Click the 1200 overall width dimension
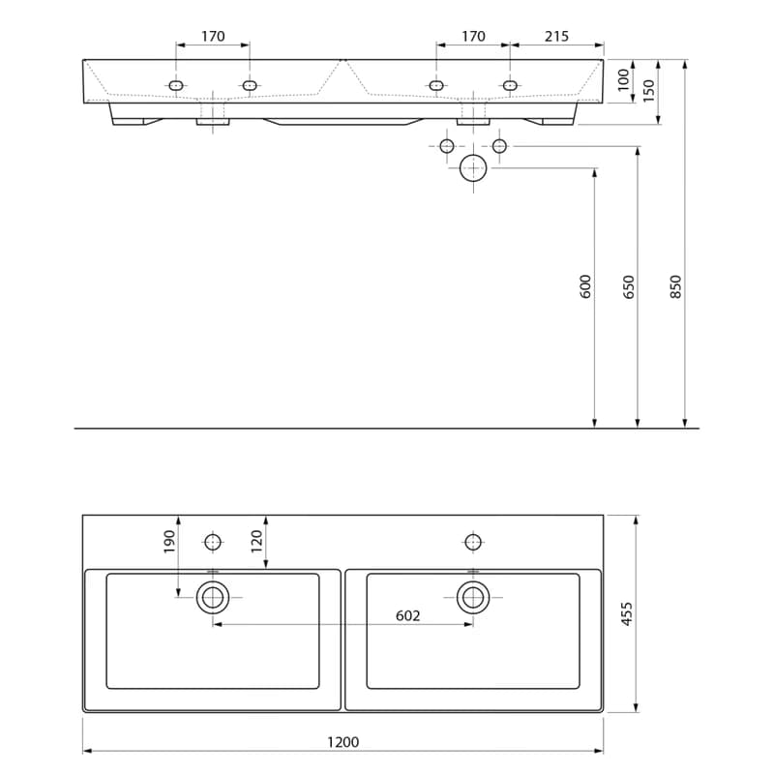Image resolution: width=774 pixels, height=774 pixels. point(343,742)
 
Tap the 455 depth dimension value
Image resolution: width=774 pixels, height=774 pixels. point(626,613)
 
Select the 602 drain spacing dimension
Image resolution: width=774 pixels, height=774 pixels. point(407,615)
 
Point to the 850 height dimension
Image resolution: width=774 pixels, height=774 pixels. point(675,286)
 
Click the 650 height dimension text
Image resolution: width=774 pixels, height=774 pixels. point(628,286)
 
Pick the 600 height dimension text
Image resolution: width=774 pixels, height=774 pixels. point(585,286)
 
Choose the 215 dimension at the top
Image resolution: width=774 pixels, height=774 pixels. point(557,36)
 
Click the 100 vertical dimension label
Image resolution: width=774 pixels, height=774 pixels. point(624,79)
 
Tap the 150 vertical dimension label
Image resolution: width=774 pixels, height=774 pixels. point(648,90)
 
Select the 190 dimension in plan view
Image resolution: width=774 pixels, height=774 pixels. point(169,542)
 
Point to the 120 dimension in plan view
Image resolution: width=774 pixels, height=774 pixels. point(256,542)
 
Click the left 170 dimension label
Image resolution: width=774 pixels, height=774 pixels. point(213,36)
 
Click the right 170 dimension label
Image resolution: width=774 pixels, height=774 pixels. point(473,36)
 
